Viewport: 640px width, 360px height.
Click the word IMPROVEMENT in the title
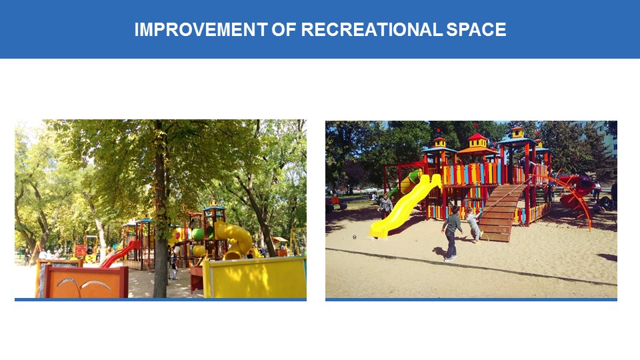pyautogui.click(x=201, y=29)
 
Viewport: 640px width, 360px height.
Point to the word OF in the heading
pyautogui.click(x=284, y=29)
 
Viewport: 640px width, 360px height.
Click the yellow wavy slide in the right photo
pyautogui.click(x=404, y=207)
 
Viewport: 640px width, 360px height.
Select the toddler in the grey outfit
pyautogui.click(x=474, y=225)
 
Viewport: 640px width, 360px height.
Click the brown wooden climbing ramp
pyautogui.click(x=501, y=212)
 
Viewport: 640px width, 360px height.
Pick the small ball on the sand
pyautogui.click(x=354, y=236)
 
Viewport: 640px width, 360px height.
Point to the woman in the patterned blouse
pyautogui.click(x=385, y=206)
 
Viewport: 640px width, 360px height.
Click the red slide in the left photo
pyautogui.click(x=119, y=254)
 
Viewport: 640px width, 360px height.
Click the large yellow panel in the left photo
pyautogui.click(x=255, y=277)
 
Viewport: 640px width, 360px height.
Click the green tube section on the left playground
pyautogui.click(x=197, y=234)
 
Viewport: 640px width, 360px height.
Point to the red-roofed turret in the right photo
pyautogui.click(x=477, y=140)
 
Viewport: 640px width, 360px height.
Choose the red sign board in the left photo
pyautogui.click(x=81, y=250)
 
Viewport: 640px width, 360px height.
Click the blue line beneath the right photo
pyautogui.click(x=471, y=299)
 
